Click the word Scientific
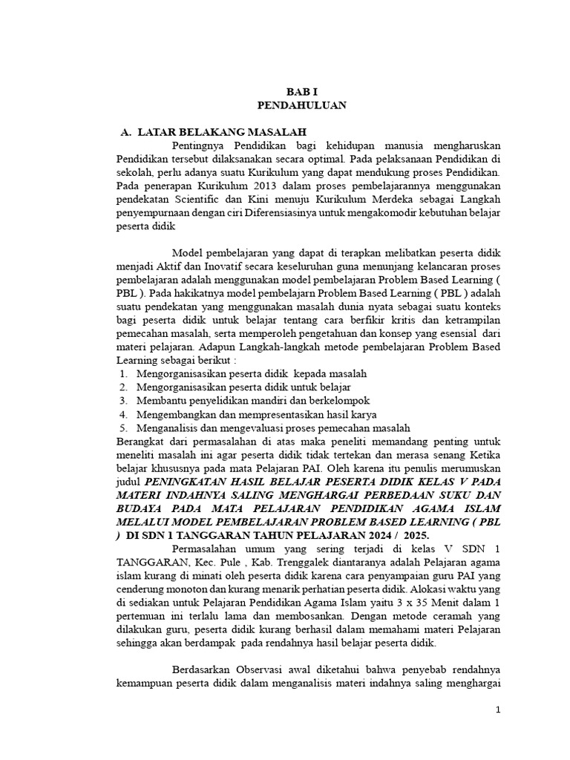(x=204, y=200)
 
